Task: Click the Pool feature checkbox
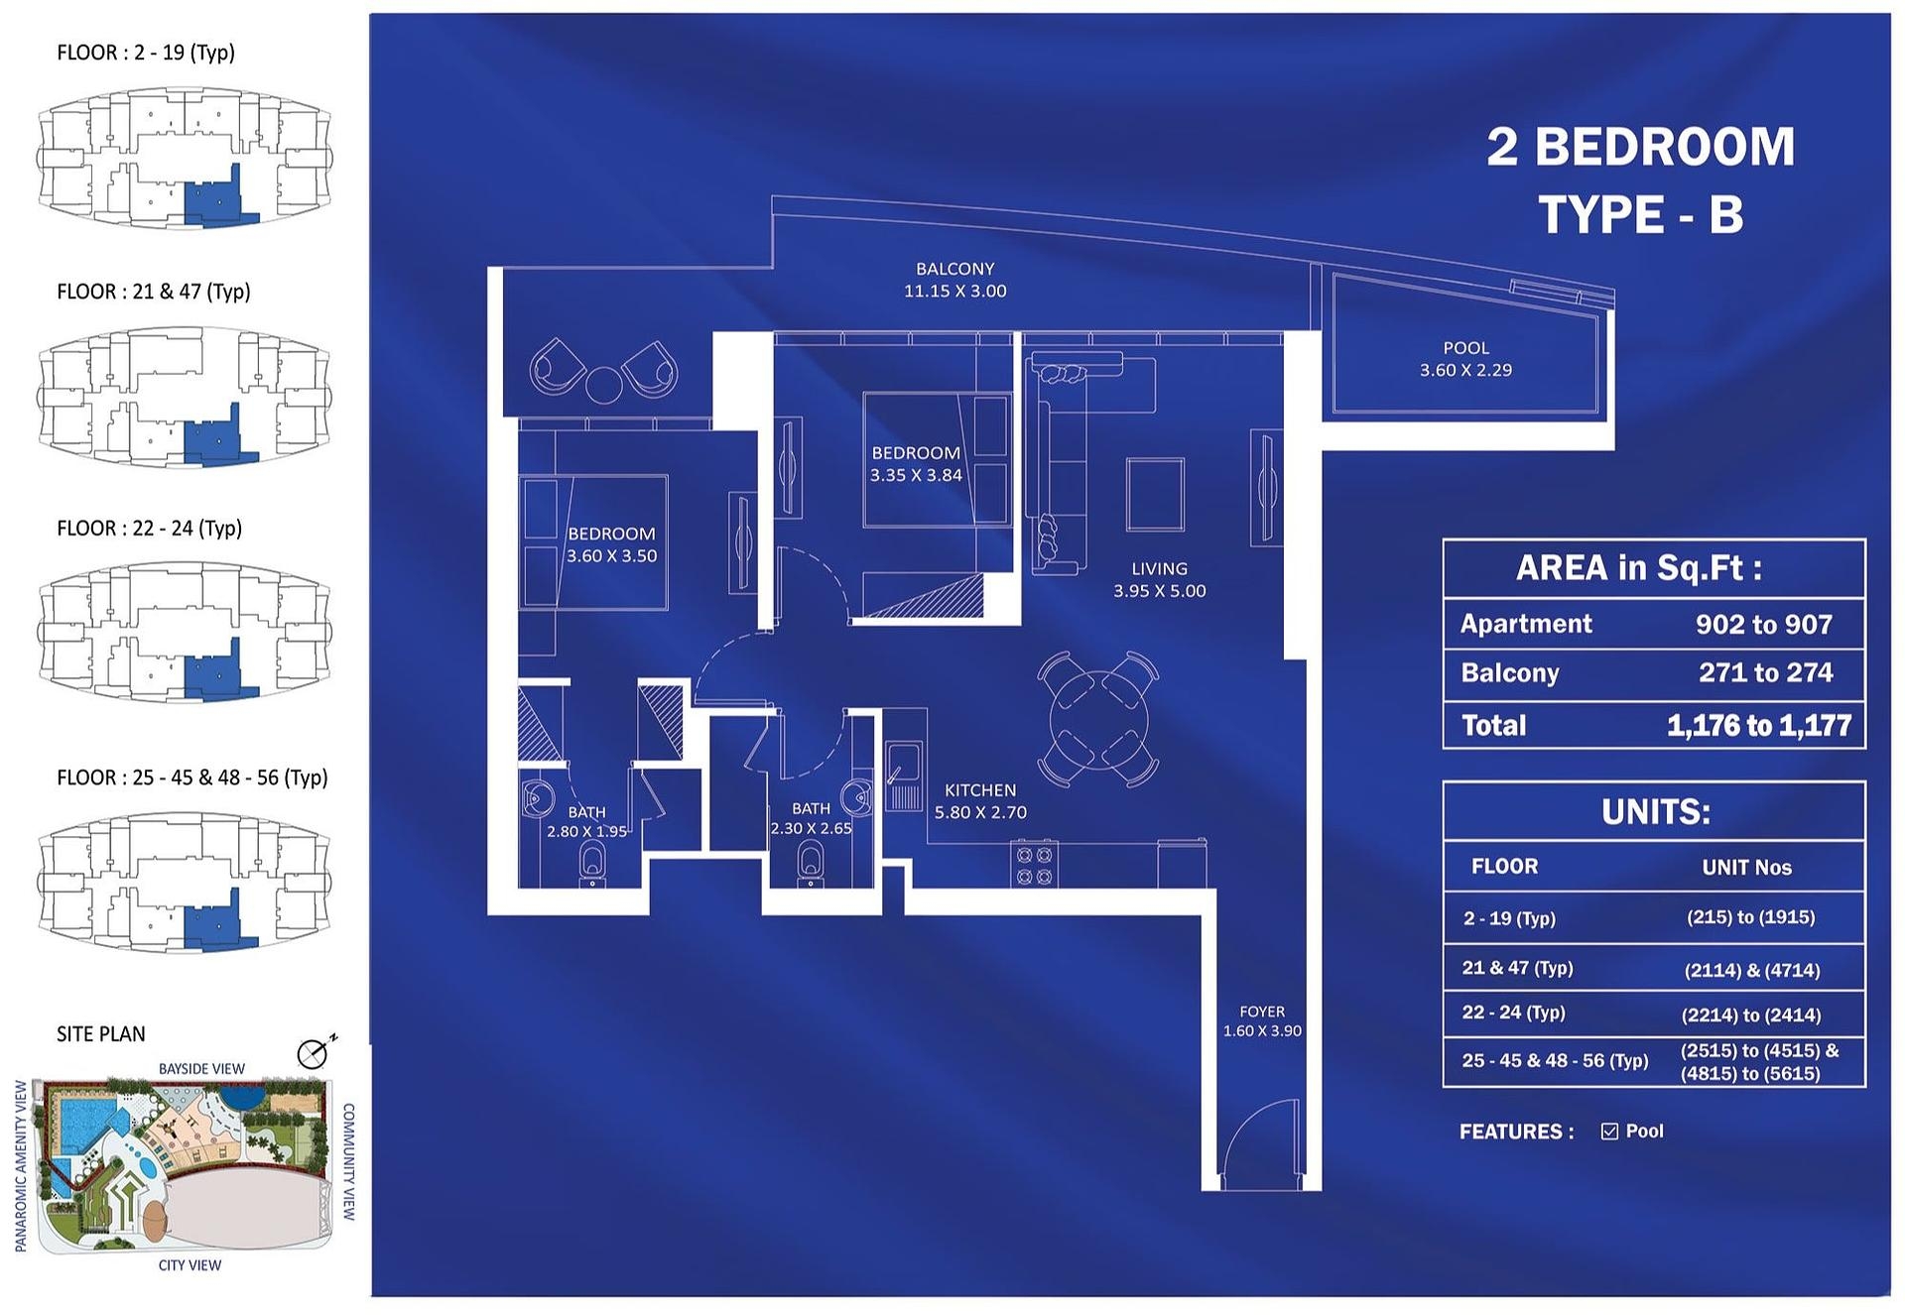[1609, 1132]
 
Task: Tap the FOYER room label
[1262, 1012]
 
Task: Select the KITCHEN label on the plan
[980, 790]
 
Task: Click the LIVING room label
[1159, 569]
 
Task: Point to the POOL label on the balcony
[1466, 348]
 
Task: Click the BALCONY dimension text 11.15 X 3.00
[954, 292]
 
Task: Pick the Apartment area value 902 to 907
[1764, 624]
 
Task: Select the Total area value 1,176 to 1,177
[1759, 726]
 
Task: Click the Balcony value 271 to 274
[1766, 672]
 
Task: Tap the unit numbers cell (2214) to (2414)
[1751, 1016]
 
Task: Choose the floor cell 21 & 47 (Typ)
[1517, 968]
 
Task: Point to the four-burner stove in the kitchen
[1034, 864]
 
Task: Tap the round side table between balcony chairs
[603, 384]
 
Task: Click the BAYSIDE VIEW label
[201, 1069]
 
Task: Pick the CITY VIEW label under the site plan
[190, 1265]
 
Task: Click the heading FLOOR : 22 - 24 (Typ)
[150, 529]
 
